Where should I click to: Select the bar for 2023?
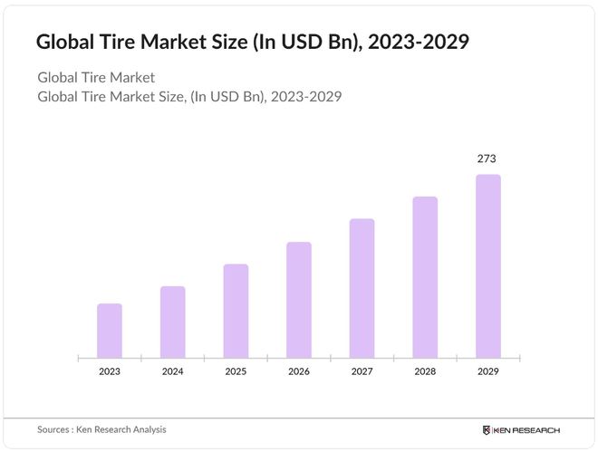(110, 331)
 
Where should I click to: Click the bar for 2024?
(173, 322)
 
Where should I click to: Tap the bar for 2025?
(236, 311)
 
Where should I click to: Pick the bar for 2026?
(299, 300)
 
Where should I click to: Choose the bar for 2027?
(362, 288)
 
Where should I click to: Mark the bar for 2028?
(425, 277)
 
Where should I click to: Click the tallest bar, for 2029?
(487, 266)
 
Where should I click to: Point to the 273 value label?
(487, 159)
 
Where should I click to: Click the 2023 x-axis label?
(110, 371)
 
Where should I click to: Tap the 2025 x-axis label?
(236, 371)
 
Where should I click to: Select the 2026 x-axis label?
(299, 371)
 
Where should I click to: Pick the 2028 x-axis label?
(425, 371)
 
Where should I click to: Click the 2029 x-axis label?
(487, 371)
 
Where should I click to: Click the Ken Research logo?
(522, 429)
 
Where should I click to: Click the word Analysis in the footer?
(147, 429)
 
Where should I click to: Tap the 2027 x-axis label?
(362, 371)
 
